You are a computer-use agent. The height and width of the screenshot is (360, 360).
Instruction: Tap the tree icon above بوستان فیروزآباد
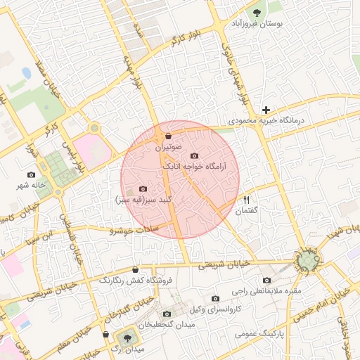[257, 12]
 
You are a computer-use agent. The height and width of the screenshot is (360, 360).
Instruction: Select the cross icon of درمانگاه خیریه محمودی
[266, 110]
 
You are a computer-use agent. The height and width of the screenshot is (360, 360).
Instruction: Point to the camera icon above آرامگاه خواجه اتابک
[194, 155]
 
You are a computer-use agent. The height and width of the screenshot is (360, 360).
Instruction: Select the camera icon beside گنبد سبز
[143, 188]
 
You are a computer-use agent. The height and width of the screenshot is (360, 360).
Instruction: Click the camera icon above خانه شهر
[31, 174]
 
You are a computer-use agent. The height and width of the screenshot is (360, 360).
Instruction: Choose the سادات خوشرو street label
[141, 230]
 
